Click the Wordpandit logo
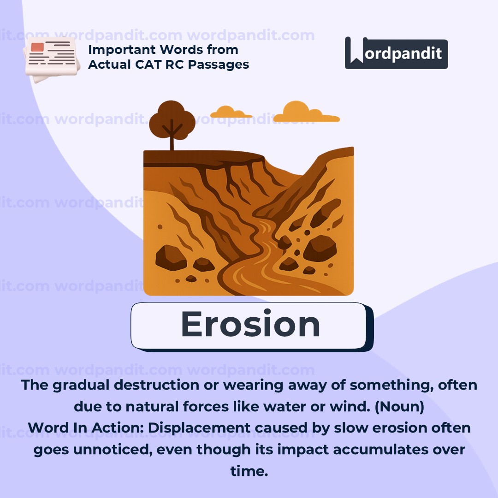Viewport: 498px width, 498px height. pyautogui.click(x=397, y=53)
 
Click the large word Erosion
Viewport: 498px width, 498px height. pyautogui.click(x=250, y=324)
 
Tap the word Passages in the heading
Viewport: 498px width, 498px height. pyautogui.click(x=219, y=65)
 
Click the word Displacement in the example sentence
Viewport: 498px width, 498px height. pyautogui.click(x=199, y=428)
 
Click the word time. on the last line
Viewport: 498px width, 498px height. pyautogui.click(x=249, y=471)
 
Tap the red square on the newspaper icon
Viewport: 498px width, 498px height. pyautogui.click(x=37, y=47)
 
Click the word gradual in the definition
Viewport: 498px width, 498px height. pyautogui.click(x=81, y=385)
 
